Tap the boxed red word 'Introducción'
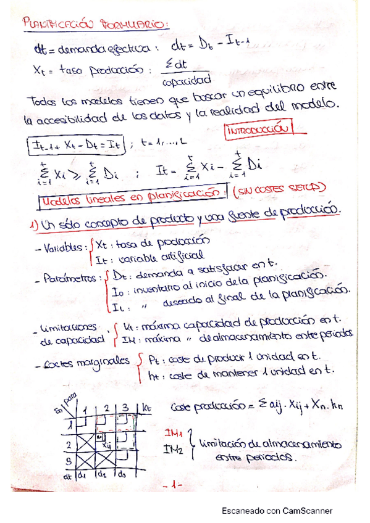(x=258, y=131)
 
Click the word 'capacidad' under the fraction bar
(x=185, y=80)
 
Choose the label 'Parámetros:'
(x=72, y=279)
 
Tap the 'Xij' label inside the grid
(x=106, y=443)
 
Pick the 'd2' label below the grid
(x=101, y=476)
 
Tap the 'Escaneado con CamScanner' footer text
(x=277, y=511)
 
